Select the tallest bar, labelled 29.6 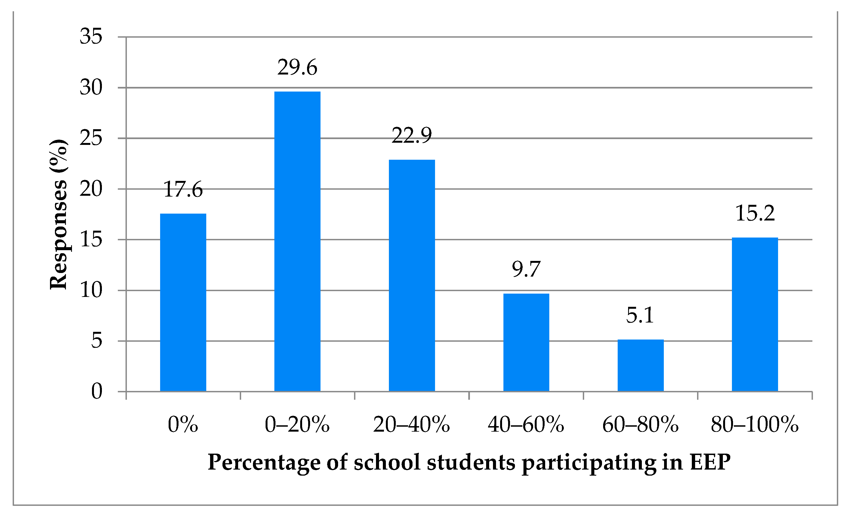click(297, 241)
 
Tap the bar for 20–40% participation click(411, 275)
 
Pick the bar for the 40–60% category click(526, 342)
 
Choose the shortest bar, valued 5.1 click(640, 365)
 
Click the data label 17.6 click(183, 190)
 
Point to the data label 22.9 click(411, 135)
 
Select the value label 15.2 click(755, 213)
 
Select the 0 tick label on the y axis click(97, 391)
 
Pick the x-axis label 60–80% click(640, 424)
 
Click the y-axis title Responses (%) click(58, 214)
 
